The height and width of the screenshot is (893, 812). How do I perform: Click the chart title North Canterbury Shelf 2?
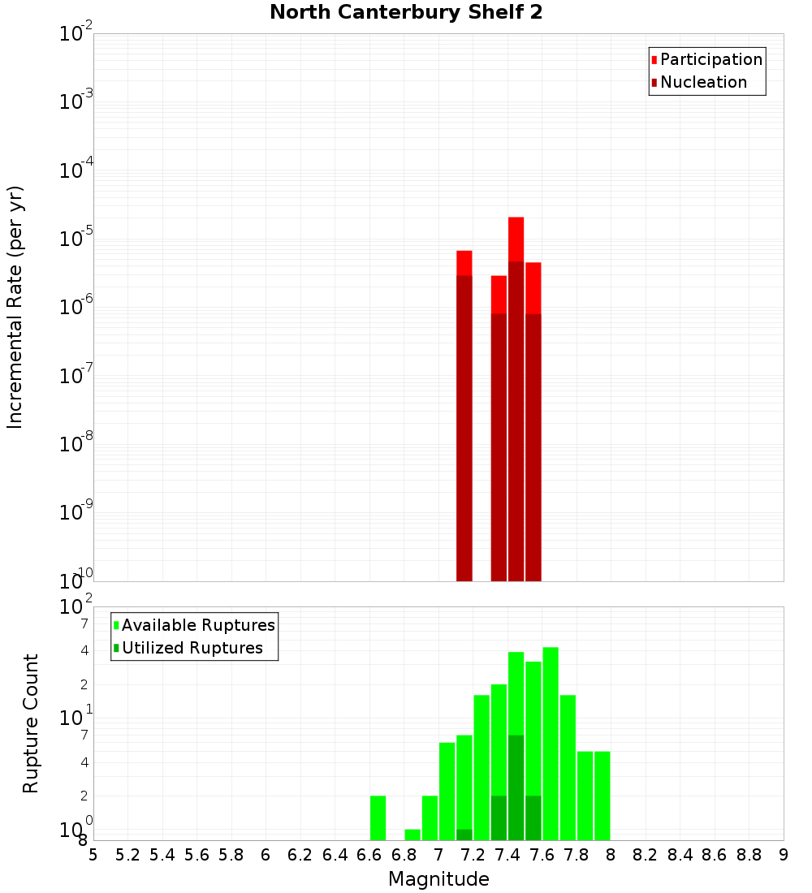pyautogui.click(x=406, y=13)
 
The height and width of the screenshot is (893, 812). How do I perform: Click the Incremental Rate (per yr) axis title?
pyautogui.click(x=15, y=307)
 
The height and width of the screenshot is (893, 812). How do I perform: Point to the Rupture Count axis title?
pyautogui.click(x=31, y=723)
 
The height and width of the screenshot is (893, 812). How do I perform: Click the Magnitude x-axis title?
pyautogui.click(x=438, y=879)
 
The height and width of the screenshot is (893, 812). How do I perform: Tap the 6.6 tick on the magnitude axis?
pyautogui.click(x=369, y=855)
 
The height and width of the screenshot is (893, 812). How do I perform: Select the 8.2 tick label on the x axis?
pyautogui.click(x=646, y=855)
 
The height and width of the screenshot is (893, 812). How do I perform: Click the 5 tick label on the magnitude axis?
pyautogui.click(x=93, y=855)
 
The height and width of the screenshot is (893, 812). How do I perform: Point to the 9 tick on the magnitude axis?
pyautogui.click(x=784, y=855)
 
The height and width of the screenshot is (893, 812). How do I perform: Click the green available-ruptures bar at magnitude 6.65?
pyautogui.click(x=378, y=818)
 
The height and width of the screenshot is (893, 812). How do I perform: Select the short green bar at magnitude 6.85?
pyautogui.click(x=412, y=835)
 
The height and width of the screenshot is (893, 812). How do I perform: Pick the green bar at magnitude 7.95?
pyautogui.click(x=602, y=796)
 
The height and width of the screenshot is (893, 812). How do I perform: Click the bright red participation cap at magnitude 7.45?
pyautogui.click(x=516, y=239)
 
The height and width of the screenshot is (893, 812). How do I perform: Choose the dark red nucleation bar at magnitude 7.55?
pyautogui.click(x=533, y=446)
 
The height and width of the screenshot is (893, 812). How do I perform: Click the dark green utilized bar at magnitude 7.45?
pyautogui.click(x=516, y=787)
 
